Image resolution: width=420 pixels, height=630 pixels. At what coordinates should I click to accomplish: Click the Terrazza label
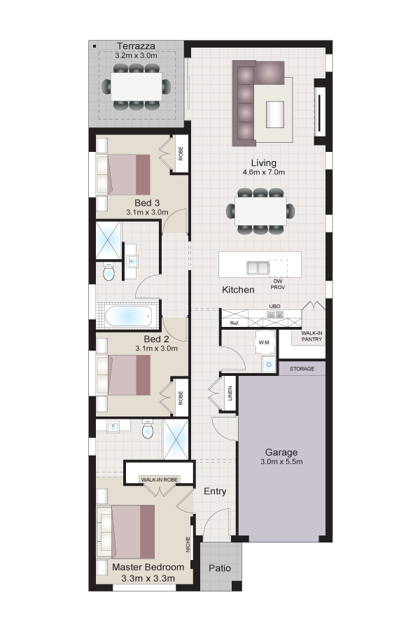(x=136, y=45)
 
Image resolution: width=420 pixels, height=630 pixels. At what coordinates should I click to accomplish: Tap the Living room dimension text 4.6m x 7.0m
(x=264, y=172)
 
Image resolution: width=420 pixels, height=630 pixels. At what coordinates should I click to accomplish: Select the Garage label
(x=281, y=452)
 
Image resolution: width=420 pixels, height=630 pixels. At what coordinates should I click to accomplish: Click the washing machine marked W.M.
(x=264, y=342)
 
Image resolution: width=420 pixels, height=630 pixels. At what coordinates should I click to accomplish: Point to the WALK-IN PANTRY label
(x=311, y=336)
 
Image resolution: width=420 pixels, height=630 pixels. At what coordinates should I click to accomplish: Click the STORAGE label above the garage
(x=302, y=368)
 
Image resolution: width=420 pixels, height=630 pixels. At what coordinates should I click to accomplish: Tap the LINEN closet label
(x=230, y=393)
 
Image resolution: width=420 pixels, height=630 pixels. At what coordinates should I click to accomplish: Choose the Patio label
(x=220, y=568)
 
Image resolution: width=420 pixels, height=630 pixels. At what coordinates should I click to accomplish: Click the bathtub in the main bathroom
(x=129, y=316)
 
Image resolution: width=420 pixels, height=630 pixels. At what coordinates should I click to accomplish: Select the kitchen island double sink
(x=258, y=267)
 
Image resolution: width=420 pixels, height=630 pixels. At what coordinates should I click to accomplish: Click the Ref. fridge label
(x=234, y=323)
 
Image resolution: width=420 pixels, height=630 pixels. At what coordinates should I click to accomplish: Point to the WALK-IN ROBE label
(x=160, y=479)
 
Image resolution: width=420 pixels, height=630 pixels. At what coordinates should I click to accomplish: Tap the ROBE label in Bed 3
(x=181, y=153)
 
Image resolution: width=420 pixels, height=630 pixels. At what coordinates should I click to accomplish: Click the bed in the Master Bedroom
(x=125, y=531)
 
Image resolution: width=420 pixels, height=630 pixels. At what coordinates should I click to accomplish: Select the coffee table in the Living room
(x=275, y=115)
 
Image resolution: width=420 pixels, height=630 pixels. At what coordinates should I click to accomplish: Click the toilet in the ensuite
(x=148, y=430)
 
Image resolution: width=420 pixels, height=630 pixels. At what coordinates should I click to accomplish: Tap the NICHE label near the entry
(x=188, y=545)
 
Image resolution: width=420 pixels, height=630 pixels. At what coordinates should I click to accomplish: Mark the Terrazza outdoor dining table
(x=136, y=86)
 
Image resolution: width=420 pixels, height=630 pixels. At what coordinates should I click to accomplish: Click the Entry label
(x=215, y=491)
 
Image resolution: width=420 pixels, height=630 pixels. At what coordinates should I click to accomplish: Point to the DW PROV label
(x=277, y=284)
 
